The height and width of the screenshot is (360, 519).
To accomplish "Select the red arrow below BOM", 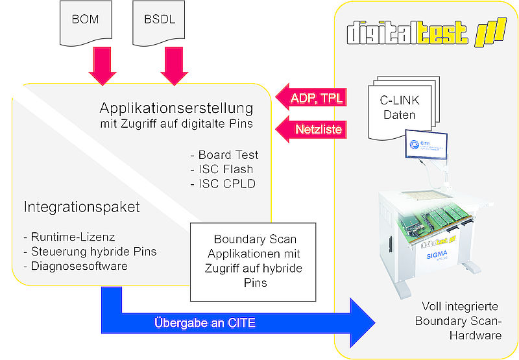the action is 103,66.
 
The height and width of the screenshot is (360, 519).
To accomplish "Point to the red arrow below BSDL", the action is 174,66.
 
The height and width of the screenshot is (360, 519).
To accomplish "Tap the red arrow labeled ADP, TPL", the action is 311,97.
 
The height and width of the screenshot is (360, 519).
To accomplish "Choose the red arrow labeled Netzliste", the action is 311,129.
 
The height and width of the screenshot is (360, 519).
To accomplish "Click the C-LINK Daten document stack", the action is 404,108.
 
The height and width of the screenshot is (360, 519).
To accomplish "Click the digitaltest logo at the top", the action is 427,32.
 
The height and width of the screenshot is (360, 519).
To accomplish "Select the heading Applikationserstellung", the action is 176,108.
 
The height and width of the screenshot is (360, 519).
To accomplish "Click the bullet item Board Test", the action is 224,155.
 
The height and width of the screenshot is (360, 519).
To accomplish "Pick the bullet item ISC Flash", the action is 222,169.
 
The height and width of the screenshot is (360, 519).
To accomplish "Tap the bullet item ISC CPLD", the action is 223,184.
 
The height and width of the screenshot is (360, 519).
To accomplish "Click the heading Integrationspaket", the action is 82,207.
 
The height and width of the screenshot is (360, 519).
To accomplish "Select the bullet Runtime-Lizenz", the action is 69,237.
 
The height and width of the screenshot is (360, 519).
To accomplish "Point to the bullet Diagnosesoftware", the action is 76,266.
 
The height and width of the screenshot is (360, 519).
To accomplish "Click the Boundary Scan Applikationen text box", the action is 253,262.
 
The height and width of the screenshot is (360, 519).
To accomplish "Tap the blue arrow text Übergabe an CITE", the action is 205,323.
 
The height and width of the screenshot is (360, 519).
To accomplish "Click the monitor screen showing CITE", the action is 426,145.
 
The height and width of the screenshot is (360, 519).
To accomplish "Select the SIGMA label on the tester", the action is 437,255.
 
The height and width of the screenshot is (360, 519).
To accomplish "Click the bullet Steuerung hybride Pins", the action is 90,252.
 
